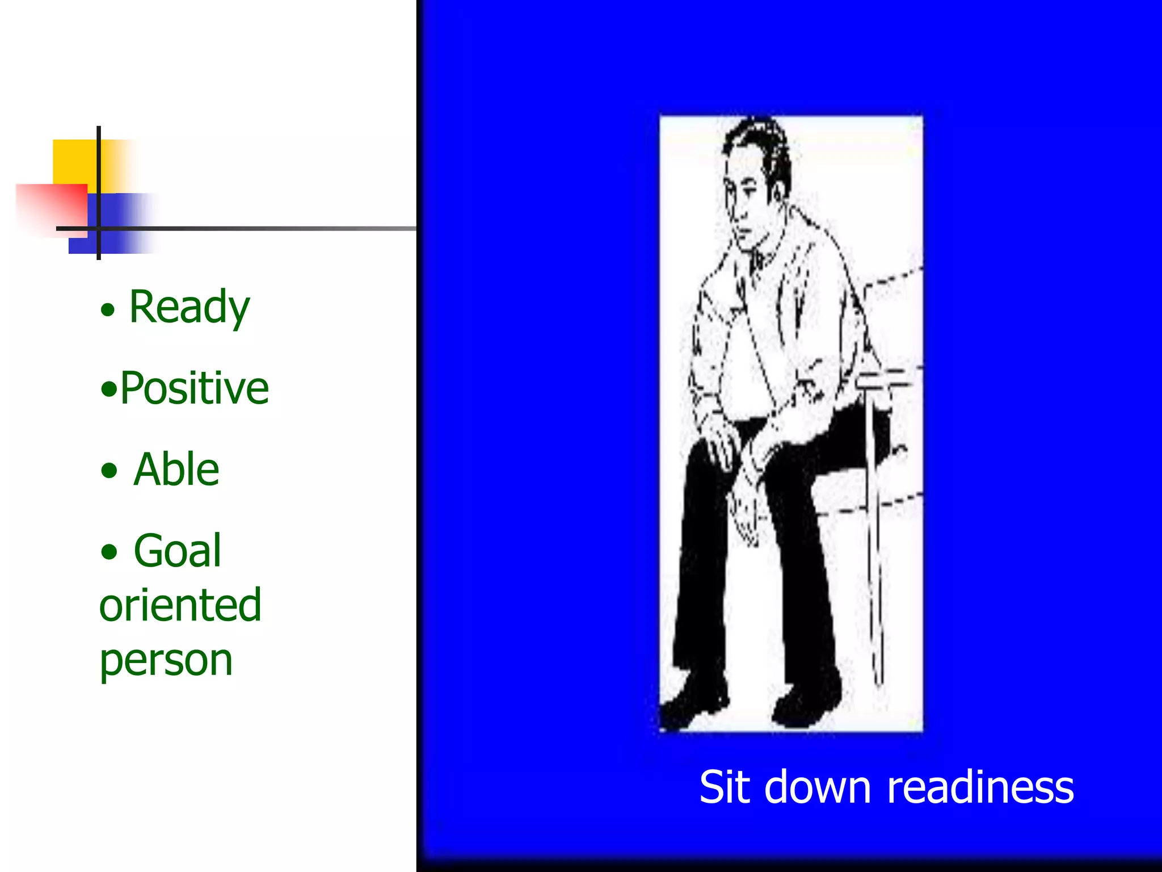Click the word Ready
190,307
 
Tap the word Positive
194,388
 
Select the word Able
176,469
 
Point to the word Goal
178,551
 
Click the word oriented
180,605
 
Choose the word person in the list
166,661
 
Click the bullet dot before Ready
108,310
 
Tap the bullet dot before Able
109,471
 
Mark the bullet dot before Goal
109,552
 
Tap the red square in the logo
54,207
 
